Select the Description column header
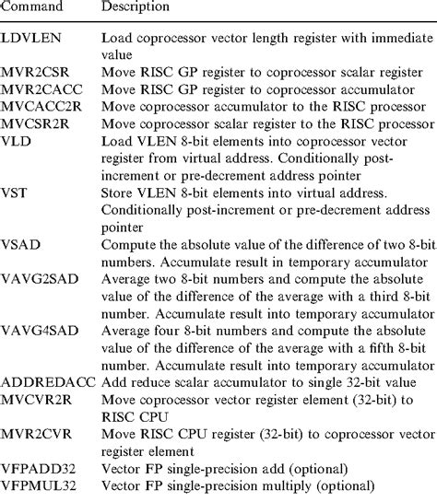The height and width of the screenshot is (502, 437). tap(136, 8)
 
